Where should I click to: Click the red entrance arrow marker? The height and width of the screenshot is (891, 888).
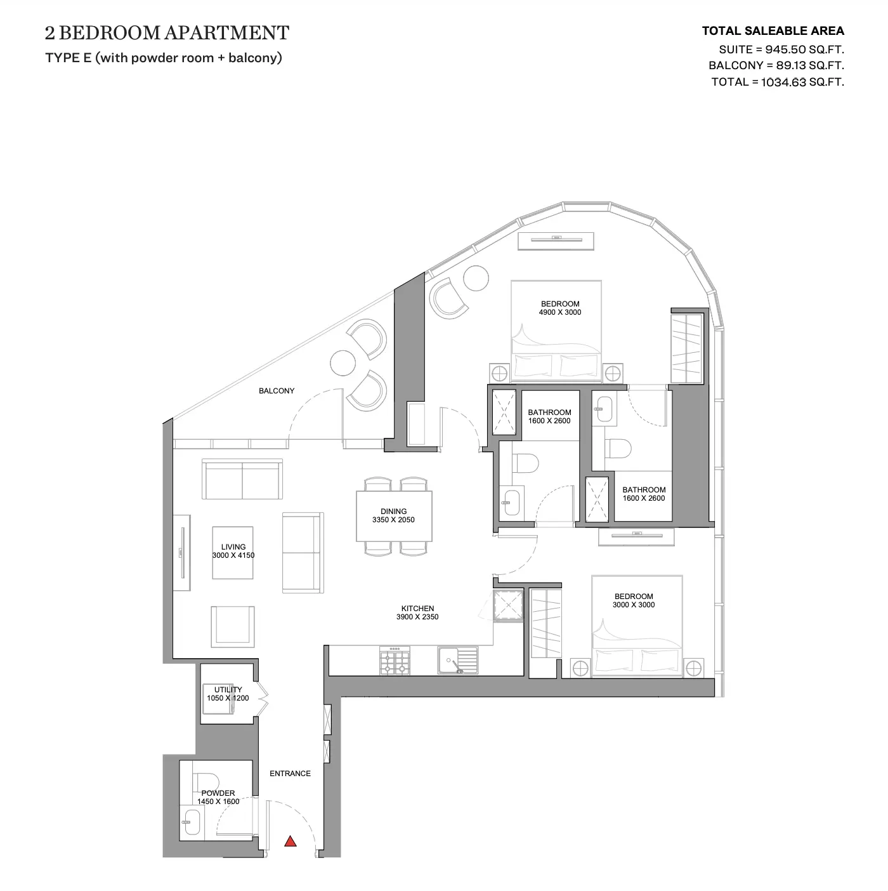pyautogui.click(x=291, y=841)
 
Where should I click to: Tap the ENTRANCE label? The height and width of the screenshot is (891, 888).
pyautogui.click(x=290, y=773)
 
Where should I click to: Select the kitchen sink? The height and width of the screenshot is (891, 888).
pyautogui.click(x=457, y=660)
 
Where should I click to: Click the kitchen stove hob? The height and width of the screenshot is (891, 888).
pyautogui.click(x=395, y=660)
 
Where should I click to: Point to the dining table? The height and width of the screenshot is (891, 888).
pyautogui.click(x=394, y=516)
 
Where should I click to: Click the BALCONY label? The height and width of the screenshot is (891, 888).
pyautogui.click(x=277, y=391)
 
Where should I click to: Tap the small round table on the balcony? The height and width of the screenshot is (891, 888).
pyautogui.click(x=343, y=362)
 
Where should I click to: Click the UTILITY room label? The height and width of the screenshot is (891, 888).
pyautogui.click(x=228, y=689)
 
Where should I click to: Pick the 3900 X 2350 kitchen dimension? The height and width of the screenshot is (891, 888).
pyautogui.click(x=417, y=617)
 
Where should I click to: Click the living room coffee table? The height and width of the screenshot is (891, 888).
pyautogui.click(x=233, y=553)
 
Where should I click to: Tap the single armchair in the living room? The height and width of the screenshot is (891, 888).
pyautogui.click(x=233, y=626)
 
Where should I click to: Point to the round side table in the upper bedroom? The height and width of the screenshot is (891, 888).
pyautogui.click(x=476, y=279)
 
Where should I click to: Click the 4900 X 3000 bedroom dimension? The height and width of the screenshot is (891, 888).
pyautogui.click(x=560, y=312)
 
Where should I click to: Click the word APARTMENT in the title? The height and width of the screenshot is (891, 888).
pyautogui.click(x=226, y=33)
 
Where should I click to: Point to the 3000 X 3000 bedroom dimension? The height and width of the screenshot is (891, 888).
pyautogui.click(x=634, y=604)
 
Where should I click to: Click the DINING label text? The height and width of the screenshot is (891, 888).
pyautogui.click(x=394, y=511)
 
